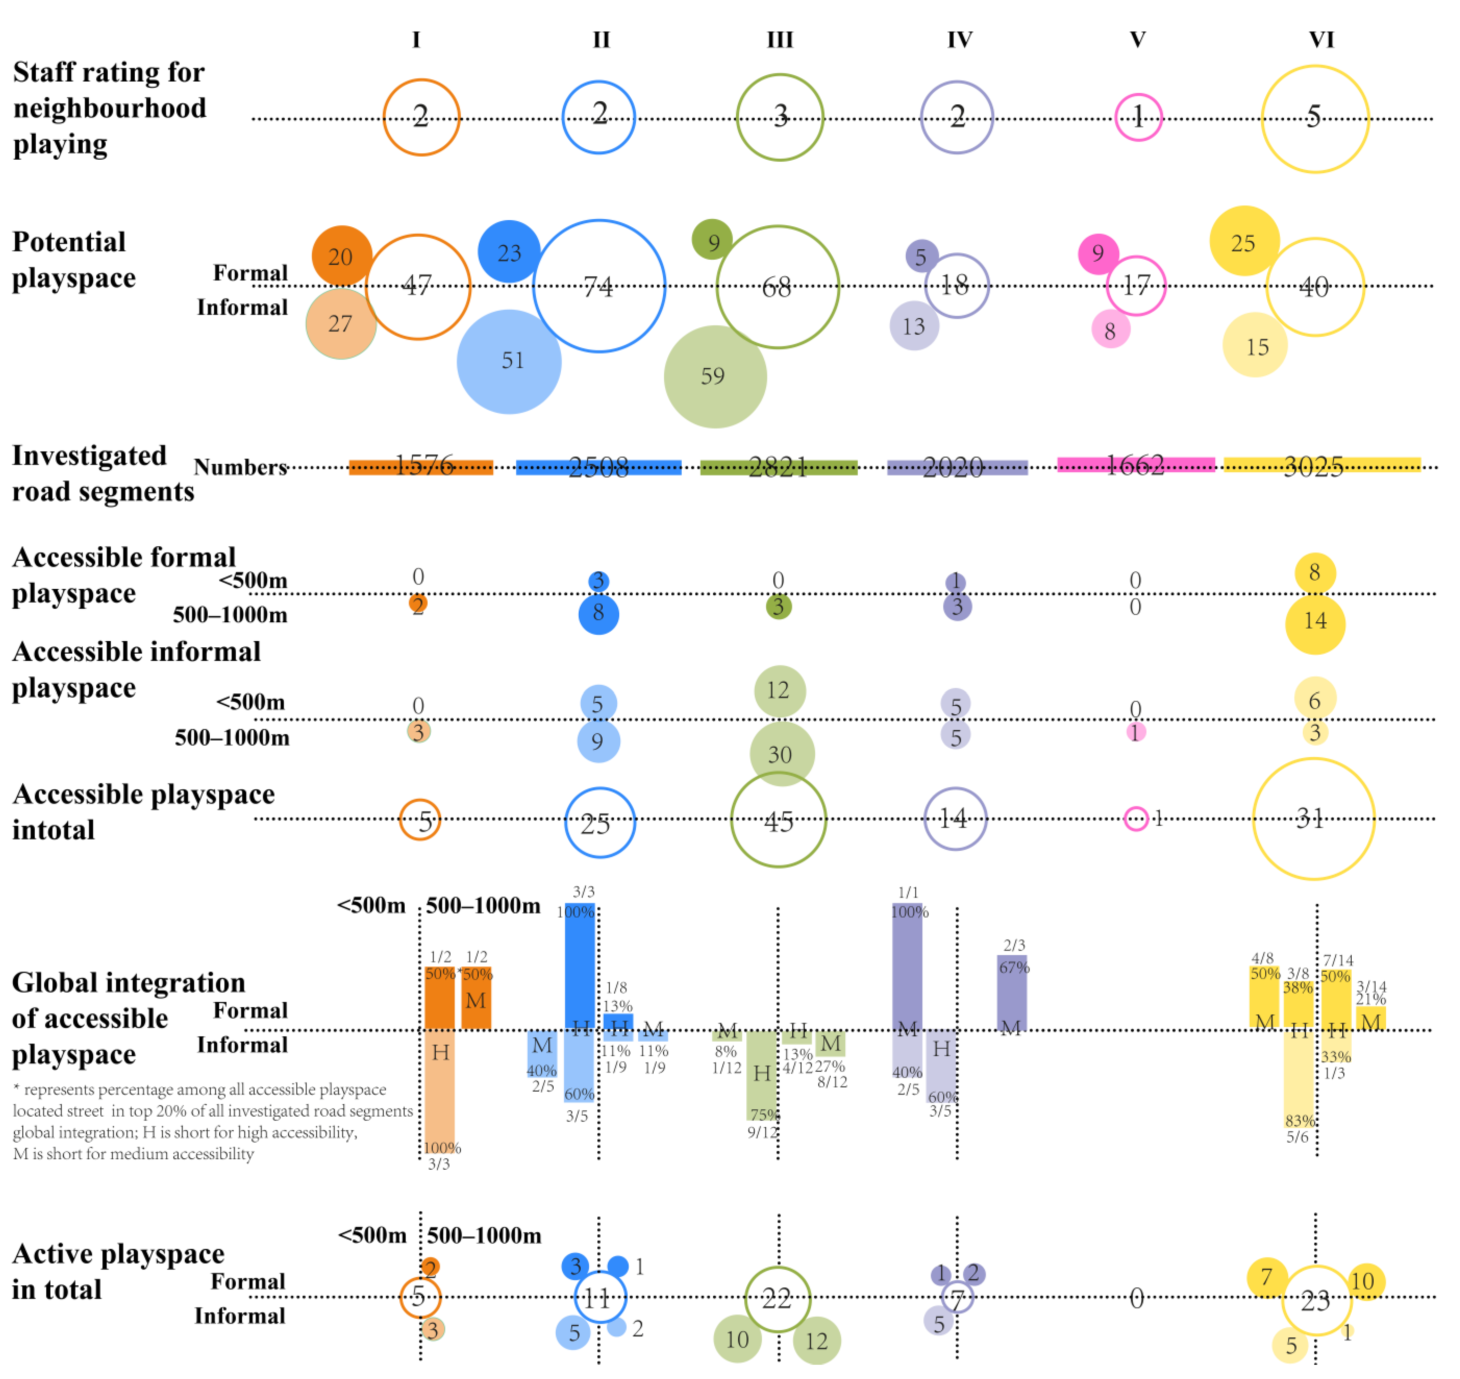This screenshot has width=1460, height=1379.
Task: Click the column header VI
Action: click(x=1321, y=40)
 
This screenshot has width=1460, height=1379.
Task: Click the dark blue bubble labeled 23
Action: click(x=509, y=251)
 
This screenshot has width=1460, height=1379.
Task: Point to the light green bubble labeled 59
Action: click(x=715, y=376)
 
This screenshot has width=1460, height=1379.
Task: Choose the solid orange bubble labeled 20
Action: click(x=341, y=256)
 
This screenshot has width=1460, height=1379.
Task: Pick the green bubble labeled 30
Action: click(x=781, y=754)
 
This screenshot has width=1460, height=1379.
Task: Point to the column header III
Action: click(x=780, y=40)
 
